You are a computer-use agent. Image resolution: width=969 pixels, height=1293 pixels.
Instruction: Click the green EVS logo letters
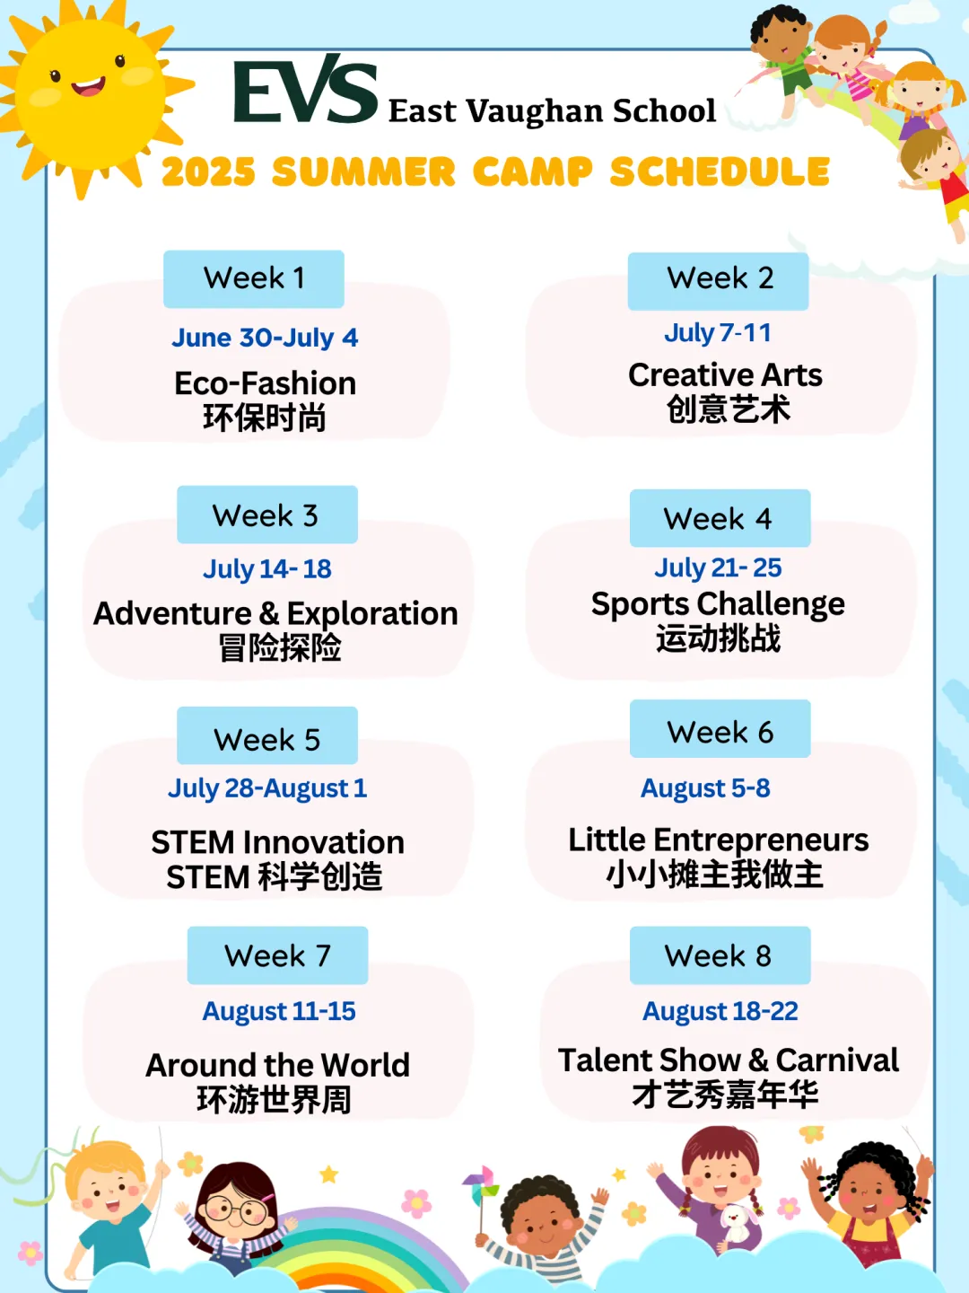(305, 90)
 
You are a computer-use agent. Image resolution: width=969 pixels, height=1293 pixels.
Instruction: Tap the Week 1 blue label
(254, 278)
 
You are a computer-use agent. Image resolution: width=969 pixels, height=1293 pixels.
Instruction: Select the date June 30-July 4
(265, 339)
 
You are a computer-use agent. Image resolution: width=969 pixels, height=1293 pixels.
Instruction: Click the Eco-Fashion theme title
(266, 383)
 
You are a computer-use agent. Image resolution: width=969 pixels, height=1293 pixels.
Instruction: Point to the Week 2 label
(719, 281)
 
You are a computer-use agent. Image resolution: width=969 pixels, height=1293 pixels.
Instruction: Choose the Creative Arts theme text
(725, 375)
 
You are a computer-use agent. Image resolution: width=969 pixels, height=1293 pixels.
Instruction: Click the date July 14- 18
(267, 569)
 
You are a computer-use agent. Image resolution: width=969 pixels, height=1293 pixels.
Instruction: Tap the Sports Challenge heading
(718, 605)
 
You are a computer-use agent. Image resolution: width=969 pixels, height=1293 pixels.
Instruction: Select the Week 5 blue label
(267, 735)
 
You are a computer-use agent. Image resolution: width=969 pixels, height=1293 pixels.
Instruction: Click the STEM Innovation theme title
(278, 841)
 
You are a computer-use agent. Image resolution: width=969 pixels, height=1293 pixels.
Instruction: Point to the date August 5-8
(705, 788)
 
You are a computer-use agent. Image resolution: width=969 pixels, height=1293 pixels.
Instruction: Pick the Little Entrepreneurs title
(719, 840)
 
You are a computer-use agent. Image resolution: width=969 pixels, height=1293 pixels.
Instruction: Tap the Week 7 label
(278, 954)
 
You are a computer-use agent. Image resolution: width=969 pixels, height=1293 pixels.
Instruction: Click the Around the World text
(278, 1065)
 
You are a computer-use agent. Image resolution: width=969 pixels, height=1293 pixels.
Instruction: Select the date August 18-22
(720, 1011)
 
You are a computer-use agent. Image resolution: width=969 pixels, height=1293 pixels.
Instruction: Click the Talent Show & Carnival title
(729, 1060)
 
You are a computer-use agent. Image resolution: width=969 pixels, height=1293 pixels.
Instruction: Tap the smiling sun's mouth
(88, 87)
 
